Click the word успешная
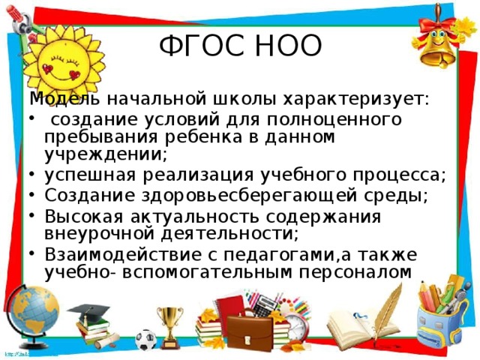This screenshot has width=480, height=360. click(x=82, y=175)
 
